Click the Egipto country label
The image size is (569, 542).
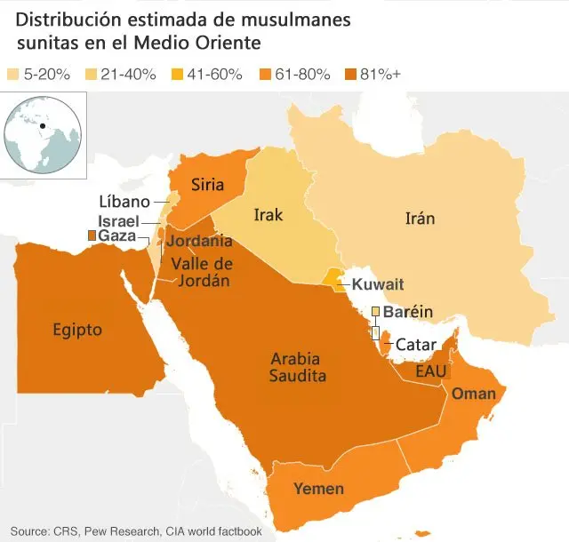(76, 330)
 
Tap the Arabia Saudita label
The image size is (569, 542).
(298, 367)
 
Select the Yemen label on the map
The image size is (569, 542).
(318, 488)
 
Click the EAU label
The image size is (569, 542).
(430, 370)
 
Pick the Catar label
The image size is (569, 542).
(415, 344)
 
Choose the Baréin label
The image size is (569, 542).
(407, 312)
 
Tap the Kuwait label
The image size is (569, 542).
(378, 284)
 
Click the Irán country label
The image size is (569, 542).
(420, 219)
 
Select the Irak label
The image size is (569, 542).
(268, 214)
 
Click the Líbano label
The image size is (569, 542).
(124, 202)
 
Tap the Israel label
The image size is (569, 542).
(119, 219)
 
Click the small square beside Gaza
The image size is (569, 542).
(91, 235)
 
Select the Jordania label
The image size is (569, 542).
(200, 241)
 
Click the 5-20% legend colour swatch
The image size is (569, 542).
(12, 75)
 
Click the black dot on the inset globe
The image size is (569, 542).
(42, 125)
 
